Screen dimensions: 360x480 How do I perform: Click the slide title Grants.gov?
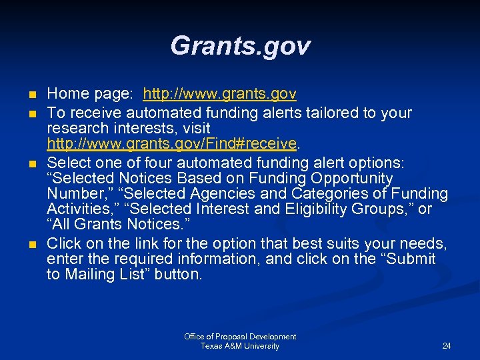coord(240,46)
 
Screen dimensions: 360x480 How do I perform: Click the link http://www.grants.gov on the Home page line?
coord(220,94)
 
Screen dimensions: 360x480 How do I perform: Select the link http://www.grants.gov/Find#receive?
coord(171,143)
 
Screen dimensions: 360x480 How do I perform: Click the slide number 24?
coord(447,346)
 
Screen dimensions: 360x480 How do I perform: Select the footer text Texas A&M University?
coord(240,346)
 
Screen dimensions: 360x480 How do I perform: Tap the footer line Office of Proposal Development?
coord(240,337)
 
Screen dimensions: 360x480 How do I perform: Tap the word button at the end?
coord(177,275)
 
